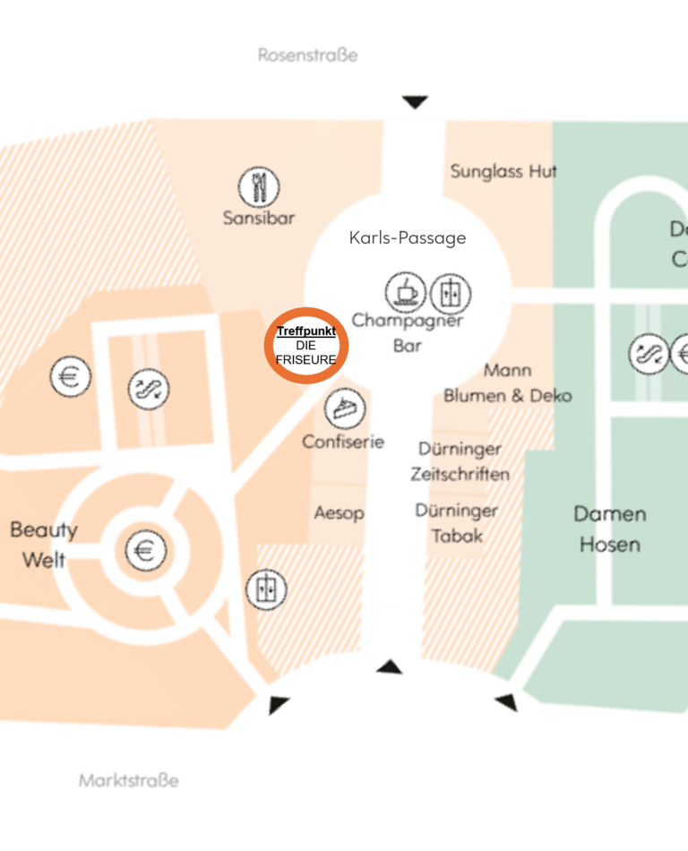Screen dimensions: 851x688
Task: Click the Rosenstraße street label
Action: pos(307,56)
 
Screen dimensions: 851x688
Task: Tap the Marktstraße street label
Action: pos(128,780)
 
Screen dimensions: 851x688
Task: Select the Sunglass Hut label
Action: pos(503,171)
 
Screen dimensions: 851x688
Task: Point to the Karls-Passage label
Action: pos(408,237)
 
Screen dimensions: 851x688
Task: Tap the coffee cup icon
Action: pos(406,292)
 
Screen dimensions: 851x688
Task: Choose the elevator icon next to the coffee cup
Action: pos(450,294)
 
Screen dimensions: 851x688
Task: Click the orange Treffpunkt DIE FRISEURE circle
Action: pos(306,346)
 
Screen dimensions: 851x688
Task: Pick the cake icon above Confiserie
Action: pos(344,408)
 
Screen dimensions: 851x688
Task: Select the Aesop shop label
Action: pos(339,513)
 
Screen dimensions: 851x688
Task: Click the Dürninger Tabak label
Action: pos(456,523)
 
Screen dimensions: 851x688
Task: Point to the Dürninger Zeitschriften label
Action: pos(460,461)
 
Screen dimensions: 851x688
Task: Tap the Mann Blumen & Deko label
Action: pos(507,383)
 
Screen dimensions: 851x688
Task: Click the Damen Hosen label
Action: pos(609,529)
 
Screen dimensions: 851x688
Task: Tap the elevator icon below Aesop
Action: pos(266,589)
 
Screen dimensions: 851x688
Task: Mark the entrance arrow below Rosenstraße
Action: pos(414,102)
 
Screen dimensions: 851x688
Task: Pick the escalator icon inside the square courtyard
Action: pos(148,389)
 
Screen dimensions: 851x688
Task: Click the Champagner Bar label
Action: pos(407,332)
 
